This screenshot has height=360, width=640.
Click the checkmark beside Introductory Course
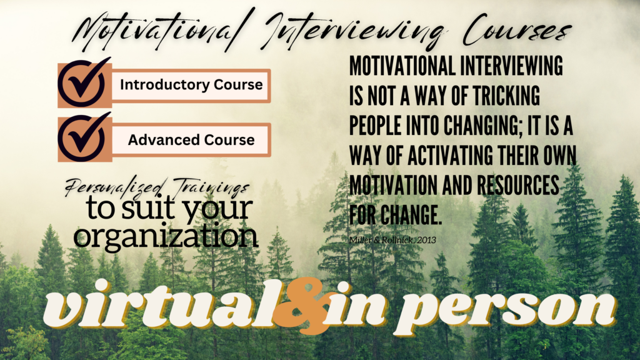pyautogui.click(x=84, y=84)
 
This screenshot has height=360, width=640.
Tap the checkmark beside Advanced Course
pyautogui.click(x=84, y=138)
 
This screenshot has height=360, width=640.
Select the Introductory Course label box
pyautogui.click(x=191, y=85)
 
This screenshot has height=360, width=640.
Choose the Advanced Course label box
pyautogui.click(x=191, y=140)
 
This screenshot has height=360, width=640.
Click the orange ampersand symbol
pyautogui.click(x=301, y=306)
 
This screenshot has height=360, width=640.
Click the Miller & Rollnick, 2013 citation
pyautogui.click(x=392, y=240)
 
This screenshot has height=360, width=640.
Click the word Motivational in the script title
pyautogui.click(x=155, y=29)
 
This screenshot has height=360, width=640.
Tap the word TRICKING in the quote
pyautogui.click(x=506, y=96)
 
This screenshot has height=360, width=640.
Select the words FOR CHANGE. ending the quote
pyautogui.click(x=396, y=215)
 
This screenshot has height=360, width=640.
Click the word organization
pyautogui.click(x=166, y=236)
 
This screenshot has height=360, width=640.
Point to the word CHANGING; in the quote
pyautogui.click(x=483, y=125)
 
